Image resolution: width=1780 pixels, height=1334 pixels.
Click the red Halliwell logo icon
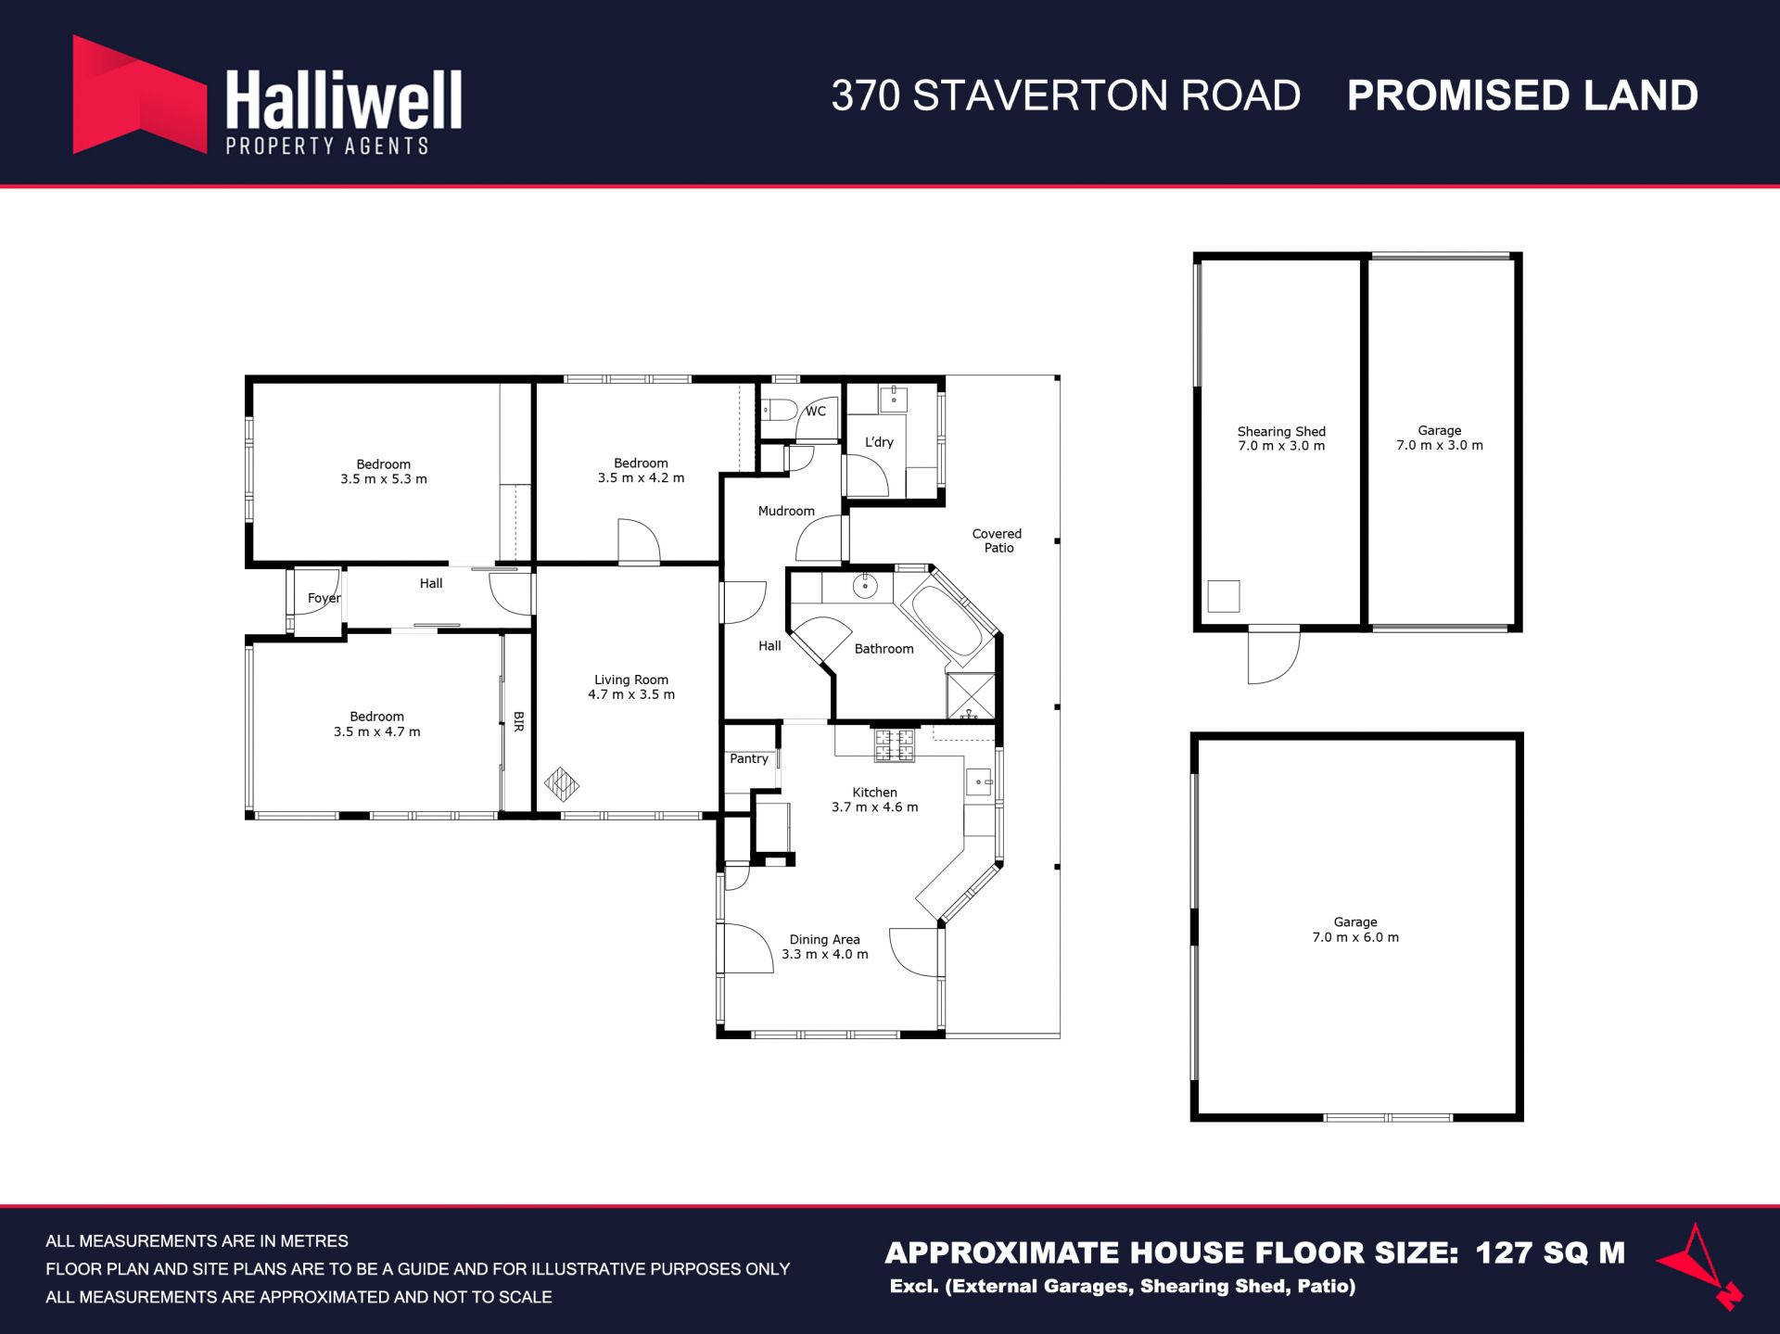pyautogui.click(x=139, y=95)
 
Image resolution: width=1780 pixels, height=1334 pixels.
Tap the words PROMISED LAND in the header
pyautogui.click(x=1522, y=95)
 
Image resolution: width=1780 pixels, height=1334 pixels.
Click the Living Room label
pyautogui.click(x=631, y=680)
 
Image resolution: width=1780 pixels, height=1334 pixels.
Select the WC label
pyautogui.click(x=816, y=412)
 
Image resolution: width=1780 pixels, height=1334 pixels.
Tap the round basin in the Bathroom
pyautogui.click(x=865, y=586)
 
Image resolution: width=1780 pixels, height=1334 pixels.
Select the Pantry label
pyautogui.click(x=749, y=758)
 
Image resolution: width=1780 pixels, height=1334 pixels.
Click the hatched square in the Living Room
pyautogui.click(x=561, y=784)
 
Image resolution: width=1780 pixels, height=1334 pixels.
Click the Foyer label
pyautogui.click(x=324, y=599)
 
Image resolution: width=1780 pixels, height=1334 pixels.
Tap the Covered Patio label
pyautogui.click(x=998, y=540)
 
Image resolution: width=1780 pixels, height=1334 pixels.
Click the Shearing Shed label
pyautogui.click(x=1281, y=431)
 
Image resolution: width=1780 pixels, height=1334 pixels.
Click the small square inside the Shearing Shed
pyautogui.click(x=1224, y=596)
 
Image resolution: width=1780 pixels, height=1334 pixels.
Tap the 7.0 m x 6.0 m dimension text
pyautogui.click(x=1355, y=937)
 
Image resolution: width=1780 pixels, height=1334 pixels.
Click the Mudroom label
pyautogui.click(x=786, y=511)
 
